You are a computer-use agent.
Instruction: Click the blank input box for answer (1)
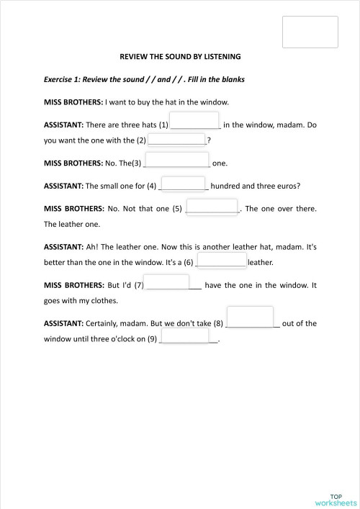point(194,120)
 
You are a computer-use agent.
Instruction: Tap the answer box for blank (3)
point(177,160)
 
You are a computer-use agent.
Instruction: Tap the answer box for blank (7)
point(166,282)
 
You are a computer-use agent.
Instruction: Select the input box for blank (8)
point(250,317)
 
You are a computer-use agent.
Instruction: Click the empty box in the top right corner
point(310,32)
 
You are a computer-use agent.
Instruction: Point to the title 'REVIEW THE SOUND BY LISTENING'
point(180,55)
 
